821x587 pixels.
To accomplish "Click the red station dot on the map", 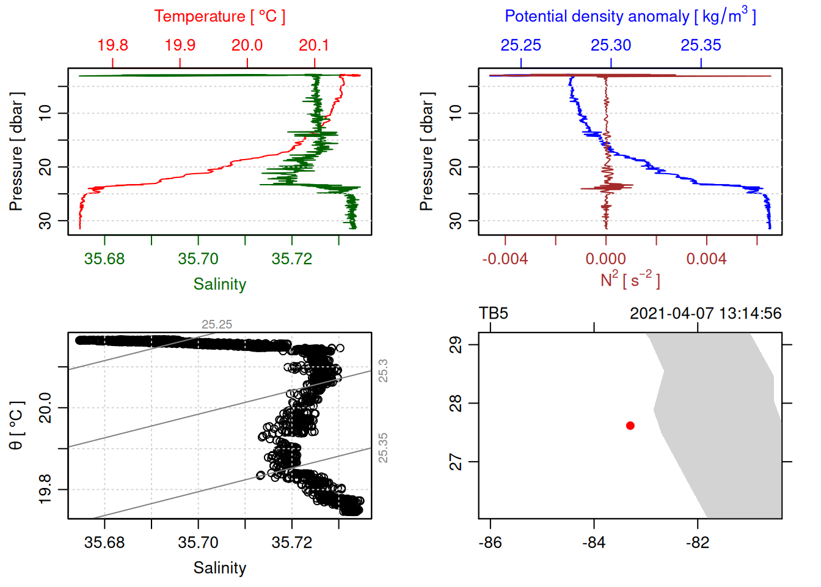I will tap(630, 426).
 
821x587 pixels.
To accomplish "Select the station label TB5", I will tap(494, 314).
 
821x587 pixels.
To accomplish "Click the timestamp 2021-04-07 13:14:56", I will tap(706, 314).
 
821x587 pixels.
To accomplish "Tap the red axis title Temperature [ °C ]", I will tap(220, 17).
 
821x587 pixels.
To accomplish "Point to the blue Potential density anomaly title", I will tap(630, 17).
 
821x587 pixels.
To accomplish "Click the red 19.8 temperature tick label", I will tap(113, 45).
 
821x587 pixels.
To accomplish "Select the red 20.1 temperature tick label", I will tap(314, 45).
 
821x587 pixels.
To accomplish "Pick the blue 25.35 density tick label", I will tap(701, 45).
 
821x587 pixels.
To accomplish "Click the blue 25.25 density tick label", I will tap(521, 45).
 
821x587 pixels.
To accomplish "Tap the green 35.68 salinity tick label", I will tap(104, 259).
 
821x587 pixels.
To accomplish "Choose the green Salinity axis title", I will tap(220, 284).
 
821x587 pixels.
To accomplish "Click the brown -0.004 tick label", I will tap(505, 259).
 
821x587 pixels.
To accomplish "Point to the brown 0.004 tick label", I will tap(707, 259).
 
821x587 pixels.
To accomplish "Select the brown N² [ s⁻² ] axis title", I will tap(630, 280).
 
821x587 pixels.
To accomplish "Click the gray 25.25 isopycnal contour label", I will tap(217, 325).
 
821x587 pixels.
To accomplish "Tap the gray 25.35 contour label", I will tap(383, 448).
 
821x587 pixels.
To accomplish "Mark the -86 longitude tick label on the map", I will tap(490, 542).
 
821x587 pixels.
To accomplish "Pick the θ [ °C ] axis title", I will tap(16, 426).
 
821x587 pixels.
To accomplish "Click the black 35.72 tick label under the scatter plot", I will tap(292, 542).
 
